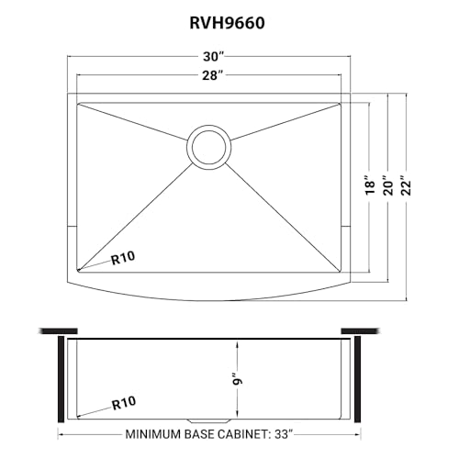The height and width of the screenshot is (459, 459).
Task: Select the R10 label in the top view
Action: click(125, 258)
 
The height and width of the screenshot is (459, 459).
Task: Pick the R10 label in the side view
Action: click(125, 401)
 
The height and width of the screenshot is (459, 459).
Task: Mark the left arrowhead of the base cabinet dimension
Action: click(62, 433)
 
